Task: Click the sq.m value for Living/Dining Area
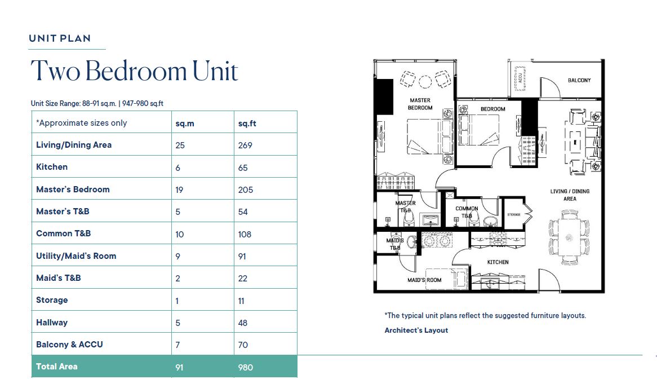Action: coord(180,145)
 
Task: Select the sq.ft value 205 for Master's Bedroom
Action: coord(246,189)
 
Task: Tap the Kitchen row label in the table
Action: coord(51,167)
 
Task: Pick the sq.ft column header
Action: coord(247,124)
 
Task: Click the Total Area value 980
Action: coord(246,368)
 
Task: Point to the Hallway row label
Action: coord(51,323)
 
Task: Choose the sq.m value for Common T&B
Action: coord(179,235)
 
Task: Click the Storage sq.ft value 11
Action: coord(241,301)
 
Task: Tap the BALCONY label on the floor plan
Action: coord(579,80)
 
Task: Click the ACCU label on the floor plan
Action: coord(520,78)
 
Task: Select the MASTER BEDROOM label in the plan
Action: coord(420,104)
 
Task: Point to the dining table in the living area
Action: coord(570,237)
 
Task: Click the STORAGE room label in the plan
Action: coord(514,214)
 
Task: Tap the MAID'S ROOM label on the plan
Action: coord(424,280)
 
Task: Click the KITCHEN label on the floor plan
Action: coord(498,262)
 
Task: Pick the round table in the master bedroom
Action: coord(425,81)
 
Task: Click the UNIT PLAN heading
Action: coord(60,38)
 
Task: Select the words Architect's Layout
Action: coord(416,330)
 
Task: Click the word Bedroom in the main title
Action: coord(136,70)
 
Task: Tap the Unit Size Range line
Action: coord(97,103)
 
